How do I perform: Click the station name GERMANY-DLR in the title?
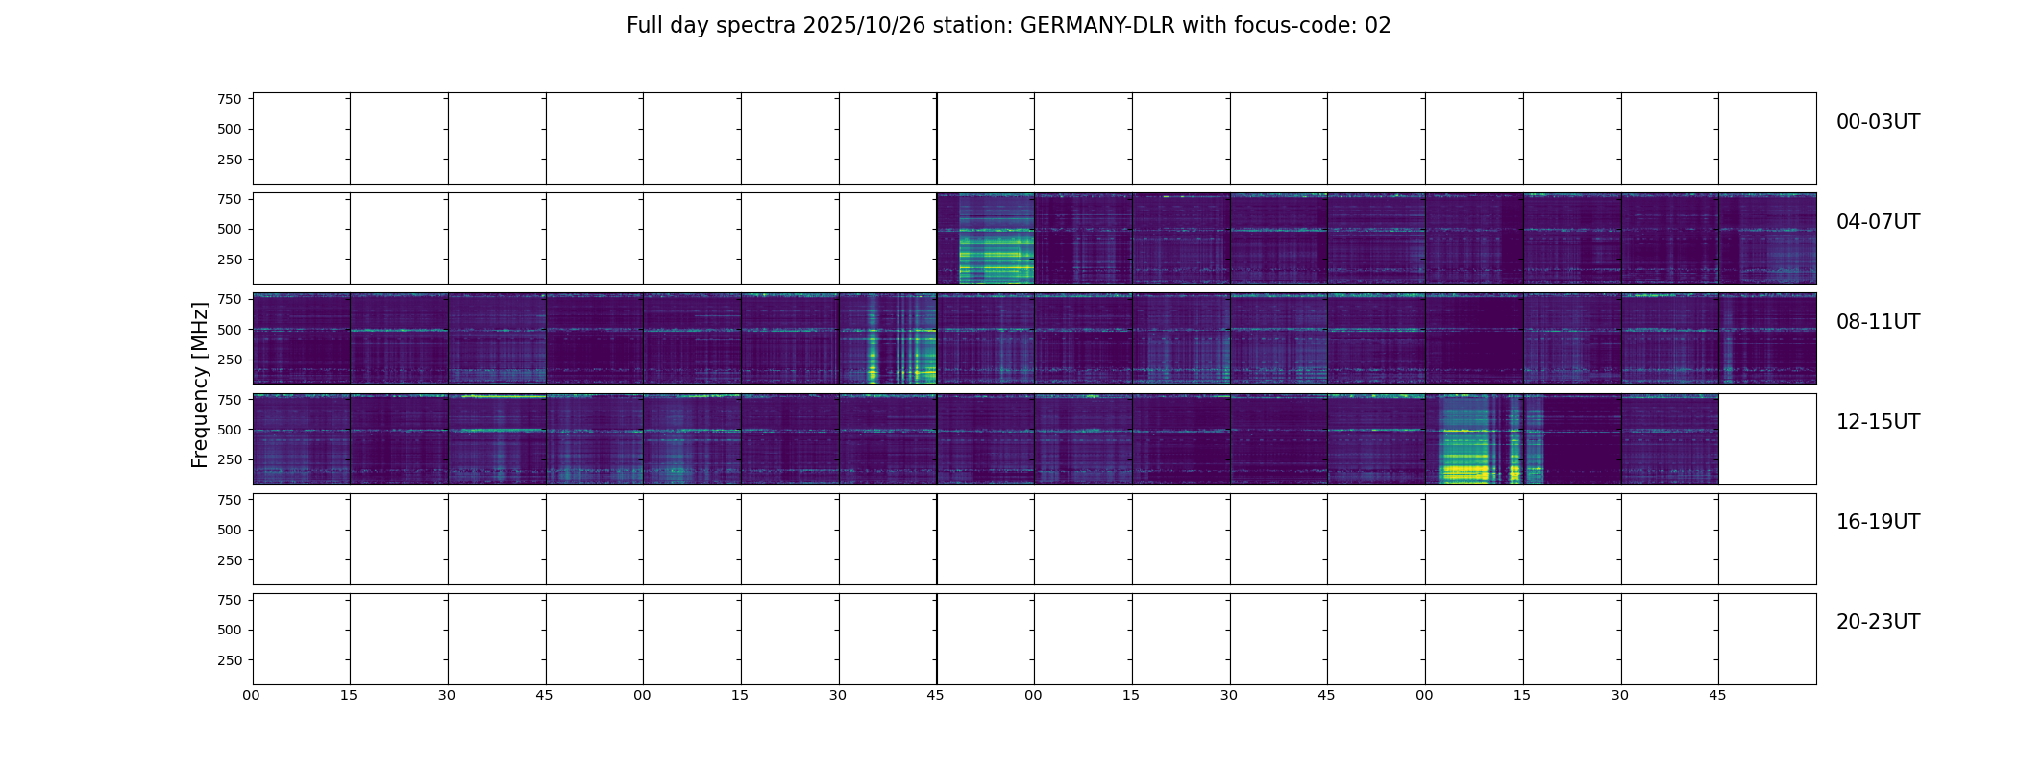click(x=1097, y=26)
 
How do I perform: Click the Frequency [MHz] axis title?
click(x=200, y=384)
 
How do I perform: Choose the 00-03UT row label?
click(x=1878, y=122)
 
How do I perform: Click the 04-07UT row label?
click(x=1878, y=222)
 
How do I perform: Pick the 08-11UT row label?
click(x=1878, y=322)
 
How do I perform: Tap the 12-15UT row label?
click(x=1878, y=422)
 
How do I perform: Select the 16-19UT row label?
click(x=1878, y=522)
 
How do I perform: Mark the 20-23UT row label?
click(x=1878, y=622)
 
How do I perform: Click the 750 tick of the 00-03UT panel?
click(x=230, y=99)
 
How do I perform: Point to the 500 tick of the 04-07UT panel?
click(x=230, y=229)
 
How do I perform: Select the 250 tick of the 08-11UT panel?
click(x=230, y=360)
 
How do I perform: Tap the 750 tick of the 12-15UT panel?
click(x=230, y=399)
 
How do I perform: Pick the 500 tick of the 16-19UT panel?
click(x=230, y=530)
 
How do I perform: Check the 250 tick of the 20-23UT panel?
click(x=230, y=660)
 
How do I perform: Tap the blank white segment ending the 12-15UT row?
click(x=1766, y=438)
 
